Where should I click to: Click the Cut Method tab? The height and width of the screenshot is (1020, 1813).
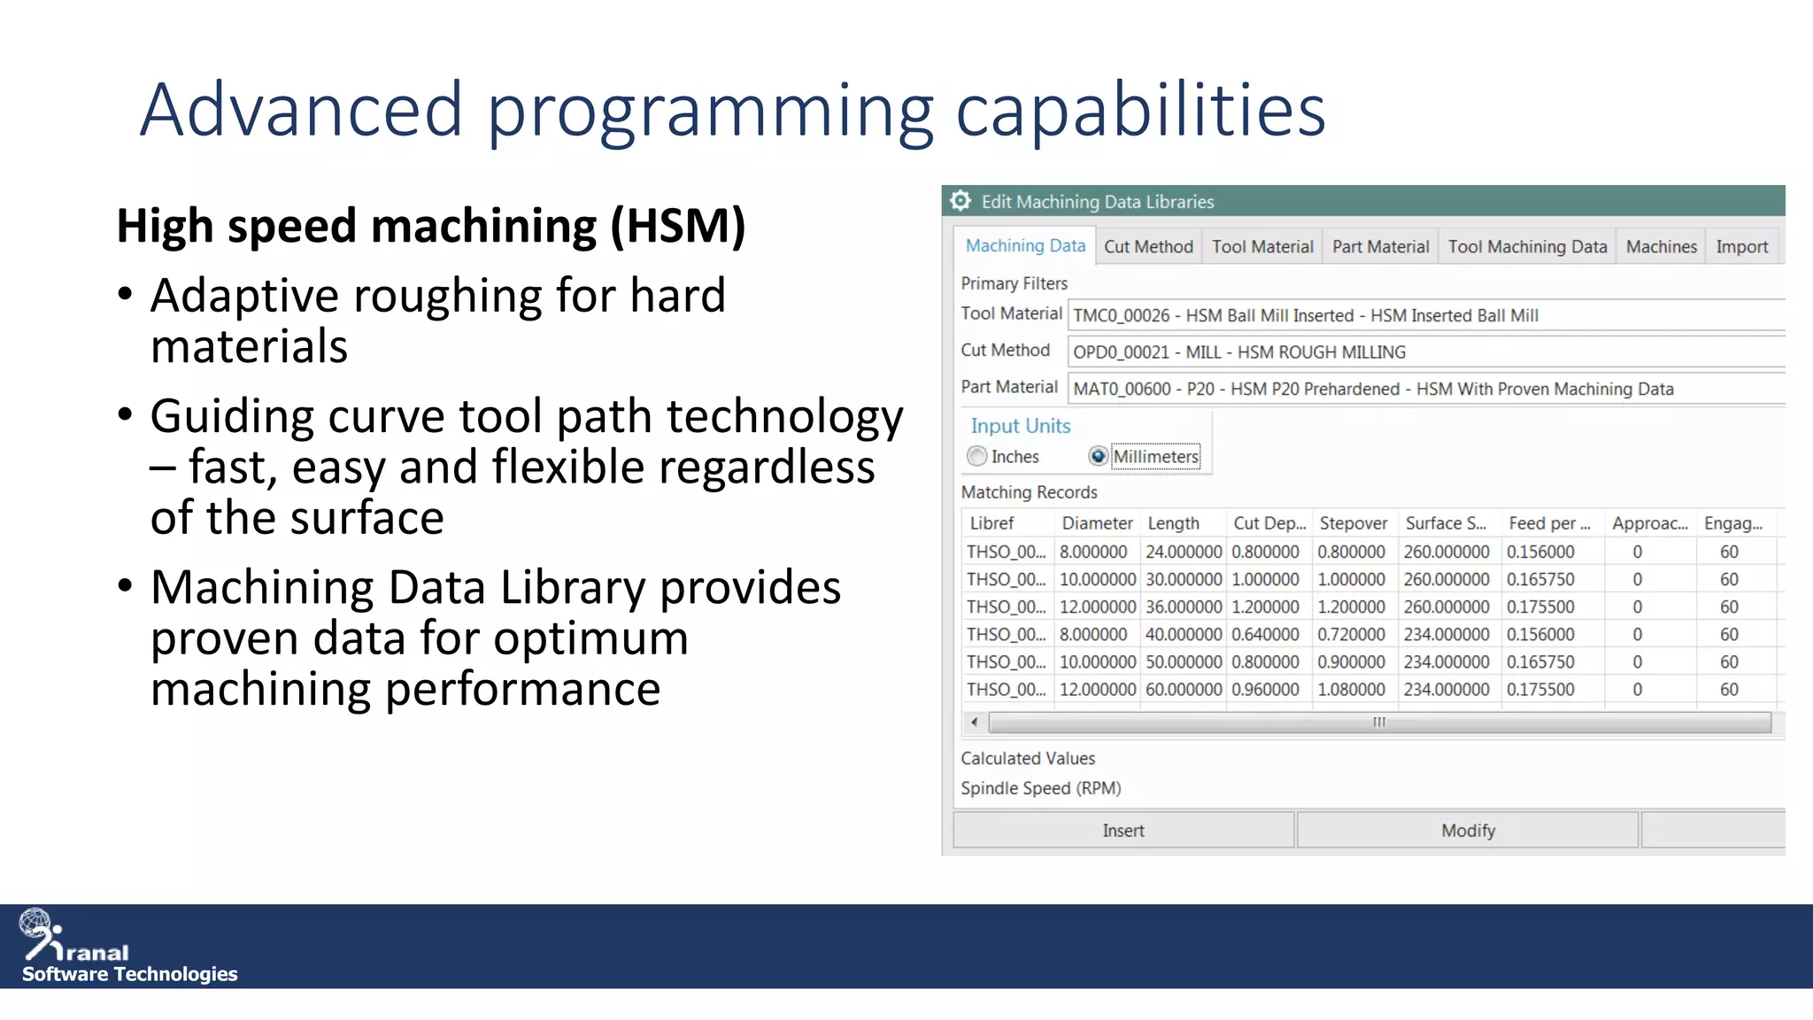pyautogui.click(x=1148, y=247)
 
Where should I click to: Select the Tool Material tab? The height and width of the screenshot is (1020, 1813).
pyautogui.click(x=1262, y=247)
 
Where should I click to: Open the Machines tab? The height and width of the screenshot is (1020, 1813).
pyautogui.click(x=1661, y=247)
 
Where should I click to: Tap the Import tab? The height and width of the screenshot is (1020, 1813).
pyautogui.click(x=1741, y=247)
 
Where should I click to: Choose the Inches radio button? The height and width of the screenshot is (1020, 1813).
pyautogui.click(x=977, y=456)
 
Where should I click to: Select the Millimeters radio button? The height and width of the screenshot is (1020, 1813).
pyautogui.click(x=1098, y=456)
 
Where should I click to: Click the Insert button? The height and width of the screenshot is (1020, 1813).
pyautogui.click(x=1123, y=831)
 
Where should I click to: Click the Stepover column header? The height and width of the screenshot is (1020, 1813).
pyautogui.click(x=1353, y=523)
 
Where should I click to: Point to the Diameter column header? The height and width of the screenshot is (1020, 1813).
pyautogui.click(x=1097, y=523)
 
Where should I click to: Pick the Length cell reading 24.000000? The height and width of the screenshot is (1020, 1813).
pyautogui.click(x=1183, y=552)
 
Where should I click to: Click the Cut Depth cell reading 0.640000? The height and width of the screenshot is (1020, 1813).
pyautogui.click(x=1265, y=634)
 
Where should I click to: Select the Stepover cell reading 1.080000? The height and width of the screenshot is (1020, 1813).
pyautogui.click(x=1351, y=689)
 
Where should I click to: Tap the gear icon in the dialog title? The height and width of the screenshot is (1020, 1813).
pyautogui.click(x=961, y=201)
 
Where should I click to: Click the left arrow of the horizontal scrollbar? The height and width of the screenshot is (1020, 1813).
pyautogui.click(x=975, y=722)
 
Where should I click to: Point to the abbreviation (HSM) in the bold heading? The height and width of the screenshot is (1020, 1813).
pyautogui.click(x=678, y=226)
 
